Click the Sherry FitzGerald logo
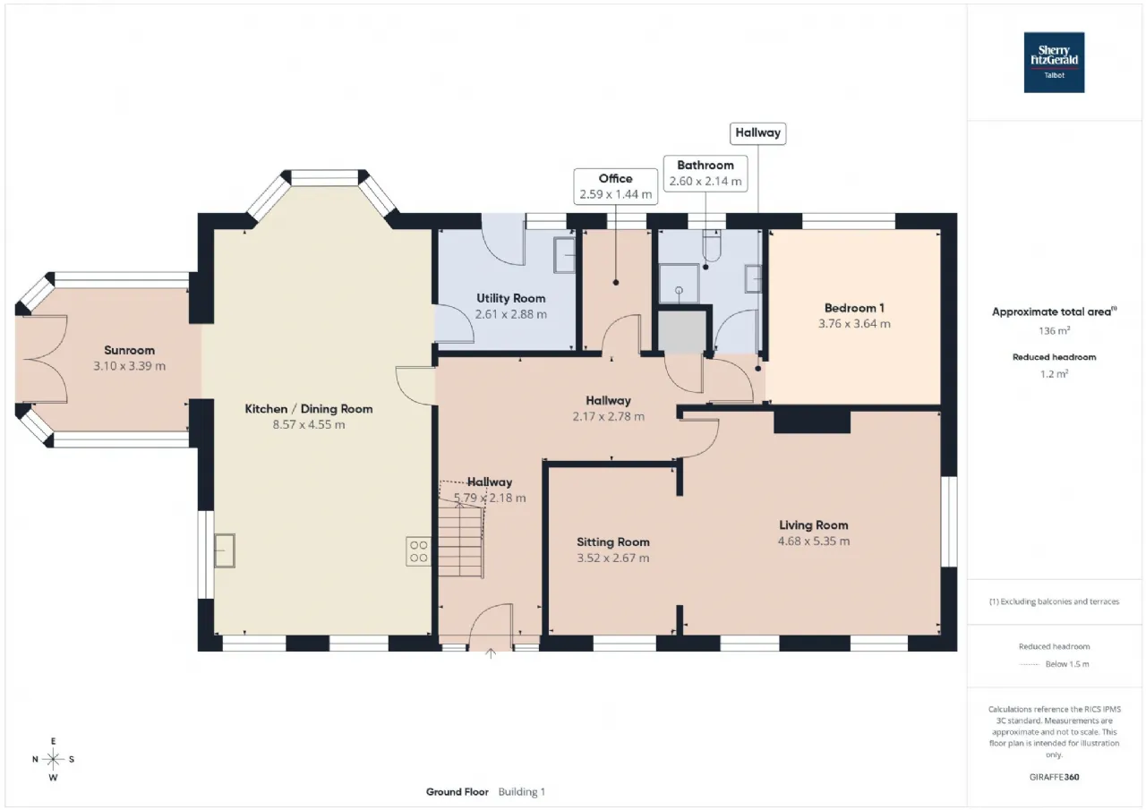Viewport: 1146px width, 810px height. pos(1054,63)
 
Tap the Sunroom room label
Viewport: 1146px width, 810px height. pos(130,350)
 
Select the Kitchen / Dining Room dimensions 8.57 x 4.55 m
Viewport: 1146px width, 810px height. pos(309,424)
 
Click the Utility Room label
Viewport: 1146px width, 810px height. pos(511,298)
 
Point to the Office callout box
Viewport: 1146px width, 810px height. pos(615,186)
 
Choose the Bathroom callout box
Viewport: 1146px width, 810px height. pos(706,174)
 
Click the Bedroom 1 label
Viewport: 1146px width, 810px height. pos(854,308)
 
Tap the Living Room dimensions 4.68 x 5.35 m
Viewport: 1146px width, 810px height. pos(814,541)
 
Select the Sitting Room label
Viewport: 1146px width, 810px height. pos(613,542)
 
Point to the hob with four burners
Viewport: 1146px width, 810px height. pos(418,551)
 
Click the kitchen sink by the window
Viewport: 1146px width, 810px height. pos(224,550)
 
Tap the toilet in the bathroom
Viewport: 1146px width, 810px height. pos(712,246)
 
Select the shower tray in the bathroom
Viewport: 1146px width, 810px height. pos(679,284)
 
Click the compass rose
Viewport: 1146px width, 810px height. pos(53,759)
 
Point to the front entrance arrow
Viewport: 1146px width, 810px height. pos(491,653)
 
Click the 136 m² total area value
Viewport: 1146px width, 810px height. pos(1054,331)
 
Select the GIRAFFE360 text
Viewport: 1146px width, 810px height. pos(1054,777)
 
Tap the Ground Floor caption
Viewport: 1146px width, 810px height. pos(458,792)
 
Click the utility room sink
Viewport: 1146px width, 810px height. pos(565,255)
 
